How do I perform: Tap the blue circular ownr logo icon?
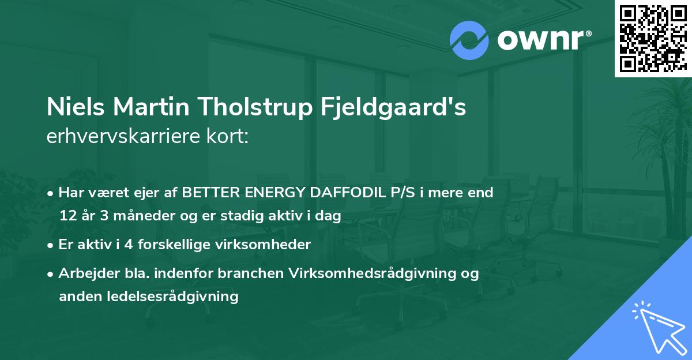point(469,40)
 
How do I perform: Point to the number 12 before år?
point(67,216)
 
